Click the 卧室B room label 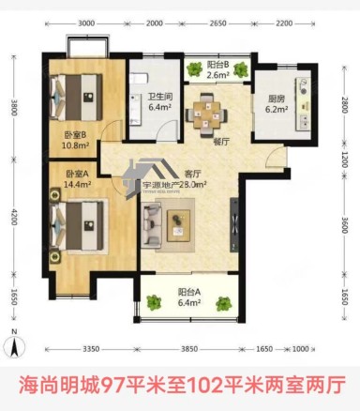click(76, 134)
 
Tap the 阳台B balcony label click(218, 63)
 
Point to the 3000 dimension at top click(86, 22)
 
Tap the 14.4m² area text click(79, 186)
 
